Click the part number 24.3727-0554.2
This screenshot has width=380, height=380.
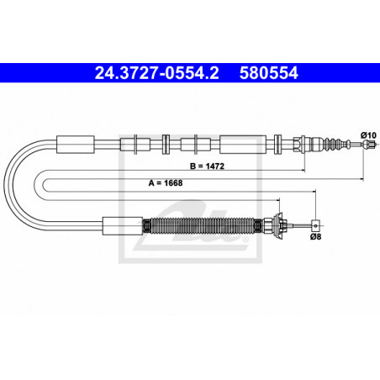pyautogui.click(x=156, y=73)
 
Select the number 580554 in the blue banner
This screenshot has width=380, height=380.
pyautogui.click(x=268, y=73)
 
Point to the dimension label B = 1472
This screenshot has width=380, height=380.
pyautogui.click(x=207, y=166)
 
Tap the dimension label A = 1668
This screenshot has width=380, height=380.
pyautogui.click(x=166, y=183)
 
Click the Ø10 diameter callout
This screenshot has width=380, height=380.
pyautogui.click(x=368, y=135)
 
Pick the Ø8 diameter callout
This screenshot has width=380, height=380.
pyautogui.click(x=315, y=237)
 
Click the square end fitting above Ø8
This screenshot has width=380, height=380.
pyautogui.click(x=315, y=225)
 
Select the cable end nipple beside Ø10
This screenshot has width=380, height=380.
pyautogui.click(x=369, y=145)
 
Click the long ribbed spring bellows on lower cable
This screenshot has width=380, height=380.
pyautogui.click(x=203, y=225)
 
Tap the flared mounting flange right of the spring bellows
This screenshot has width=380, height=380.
pyautogui.click(x=278, y=225)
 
